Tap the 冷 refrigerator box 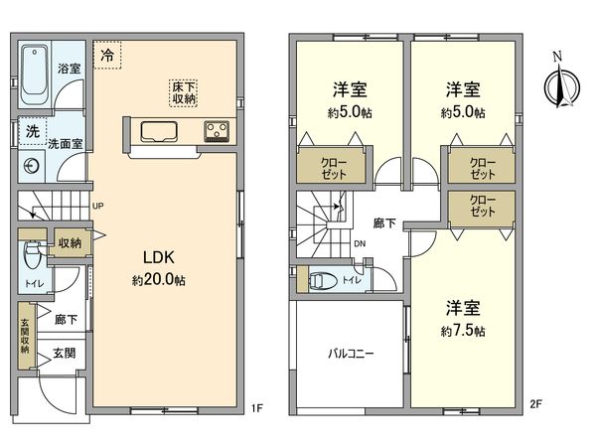(106, 56)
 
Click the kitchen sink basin (158, 131)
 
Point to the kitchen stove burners (217, 131)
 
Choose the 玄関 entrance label (64, 353)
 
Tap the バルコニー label (351, 354)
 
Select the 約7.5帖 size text (465, 330)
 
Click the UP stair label (96, 207)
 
